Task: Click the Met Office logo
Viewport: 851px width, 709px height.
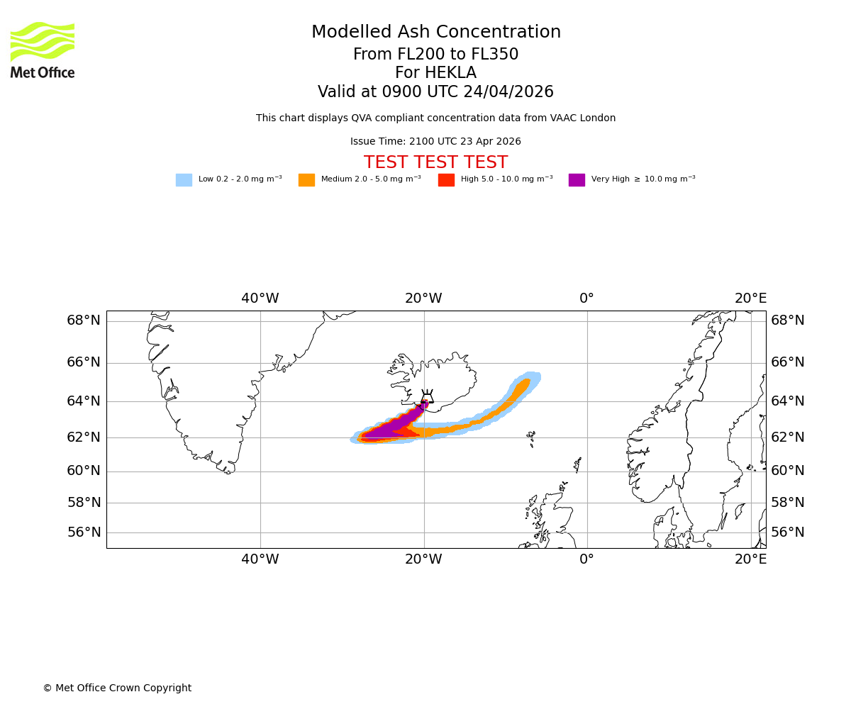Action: pos(43,50)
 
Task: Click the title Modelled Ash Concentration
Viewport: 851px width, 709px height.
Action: pos(435,33)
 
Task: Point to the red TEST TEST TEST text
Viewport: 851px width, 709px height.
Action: pos(435,163)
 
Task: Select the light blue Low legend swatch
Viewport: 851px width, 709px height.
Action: pos(184,180)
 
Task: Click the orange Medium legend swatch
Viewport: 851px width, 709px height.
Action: pos(306,180)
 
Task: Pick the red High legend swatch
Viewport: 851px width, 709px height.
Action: pos(446,180)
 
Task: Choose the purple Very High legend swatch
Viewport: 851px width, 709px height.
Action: pos(577,180)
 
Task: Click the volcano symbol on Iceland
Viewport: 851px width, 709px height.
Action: pos(427,397)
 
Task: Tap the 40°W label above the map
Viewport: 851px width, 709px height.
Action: pos(260,298)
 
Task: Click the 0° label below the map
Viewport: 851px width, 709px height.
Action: pos(586,559)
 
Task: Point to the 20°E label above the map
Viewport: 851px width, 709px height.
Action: pos(750,298)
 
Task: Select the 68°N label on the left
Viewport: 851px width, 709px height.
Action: pos(84,320)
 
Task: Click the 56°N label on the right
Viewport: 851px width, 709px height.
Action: pos(787,532)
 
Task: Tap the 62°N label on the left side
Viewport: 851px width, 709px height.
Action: pos(84,437)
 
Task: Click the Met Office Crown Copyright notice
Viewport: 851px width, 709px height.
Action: pos(117,688)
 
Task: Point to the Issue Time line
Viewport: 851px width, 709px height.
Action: pos(435,142)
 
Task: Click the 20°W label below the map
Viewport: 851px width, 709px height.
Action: pos(423,559)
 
